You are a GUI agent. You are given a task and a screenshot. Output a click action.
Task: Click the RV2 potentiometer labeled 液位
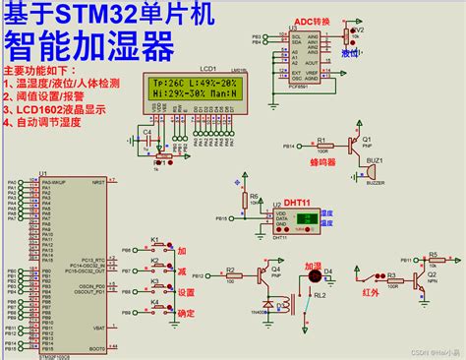(345, 37)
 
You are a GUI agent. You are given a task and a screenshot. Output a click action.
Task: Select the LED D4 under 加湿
(327, 272)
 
